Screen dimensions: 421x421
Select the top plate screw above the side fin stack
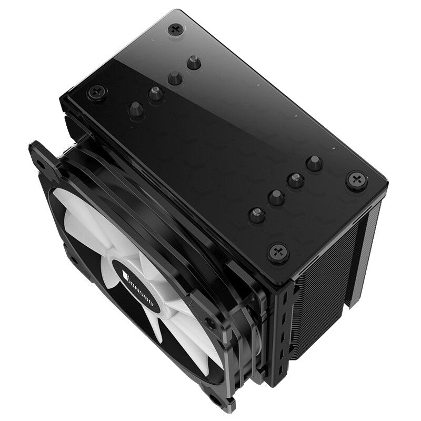point(357,181)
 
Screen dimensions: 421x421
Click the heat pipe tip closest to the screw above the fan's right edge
point(257,215)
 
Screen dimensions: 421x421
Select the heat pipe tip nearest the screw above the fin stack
point(314,163)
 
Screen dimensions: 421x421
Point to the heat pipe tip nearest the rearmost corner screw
point(194,63)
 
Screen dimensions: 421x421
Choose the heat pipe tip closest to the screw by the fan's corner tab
point(136,109)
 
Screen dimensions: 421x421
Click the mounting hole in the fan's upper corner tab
point(39,163)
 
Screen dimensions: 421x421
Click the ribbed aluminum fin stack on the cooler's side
point(321,295)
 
